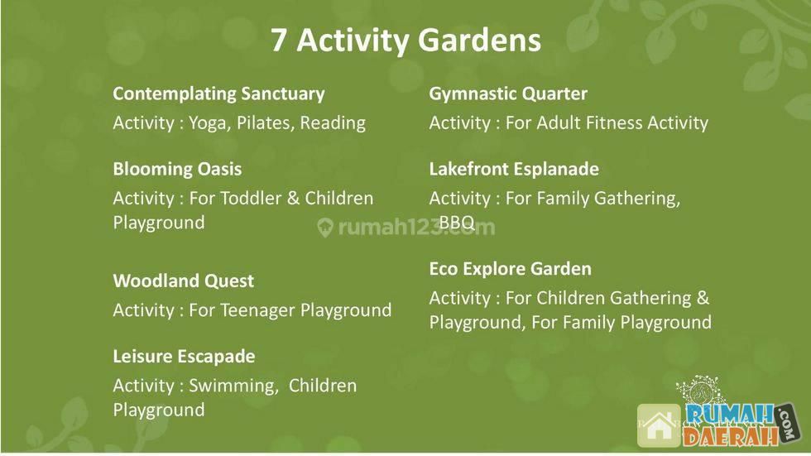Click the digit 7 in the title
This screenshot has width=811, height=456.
pos(278,40)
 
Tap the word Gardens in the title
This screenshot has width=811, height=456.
pos(479,40)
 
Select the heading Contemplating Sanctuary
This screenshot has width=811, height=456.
pos(218,94)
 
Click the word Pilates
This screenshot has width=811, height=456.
pos(266,123)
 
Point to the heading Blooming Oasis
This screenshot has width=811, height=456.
pos(177,169)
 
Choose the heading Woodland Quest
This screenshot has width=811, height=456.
pos(183,281)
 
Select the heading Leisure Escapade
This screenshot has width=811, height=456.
pos(184,357)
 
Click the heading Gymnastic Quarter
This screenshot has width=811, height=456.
pos(508,94)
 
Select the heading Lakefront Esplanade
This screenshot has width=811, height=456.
pos(514,169)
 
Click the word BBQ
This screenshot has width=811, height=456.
pos(457,223)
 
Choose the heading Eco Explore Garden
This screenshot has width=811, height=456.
pos(510,269)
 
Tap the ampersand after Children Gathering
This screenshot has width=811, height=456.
pos(703,298)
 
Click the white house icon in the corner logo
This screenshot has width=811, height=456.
pos(659,426)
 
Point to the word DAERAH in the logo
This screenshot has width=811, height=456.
pos(730,436)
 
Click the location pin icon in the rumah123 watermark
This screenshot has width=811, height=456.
pos(324,228)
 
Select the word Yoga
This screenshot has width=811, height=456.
pos(209,123)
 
